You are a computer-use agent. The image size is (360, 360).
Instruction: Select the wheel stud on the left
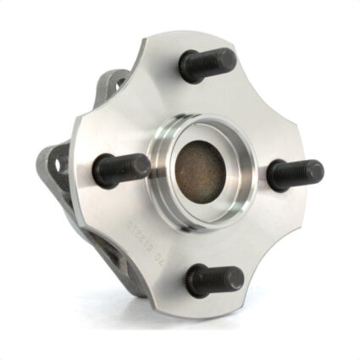tap(119, 170)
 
